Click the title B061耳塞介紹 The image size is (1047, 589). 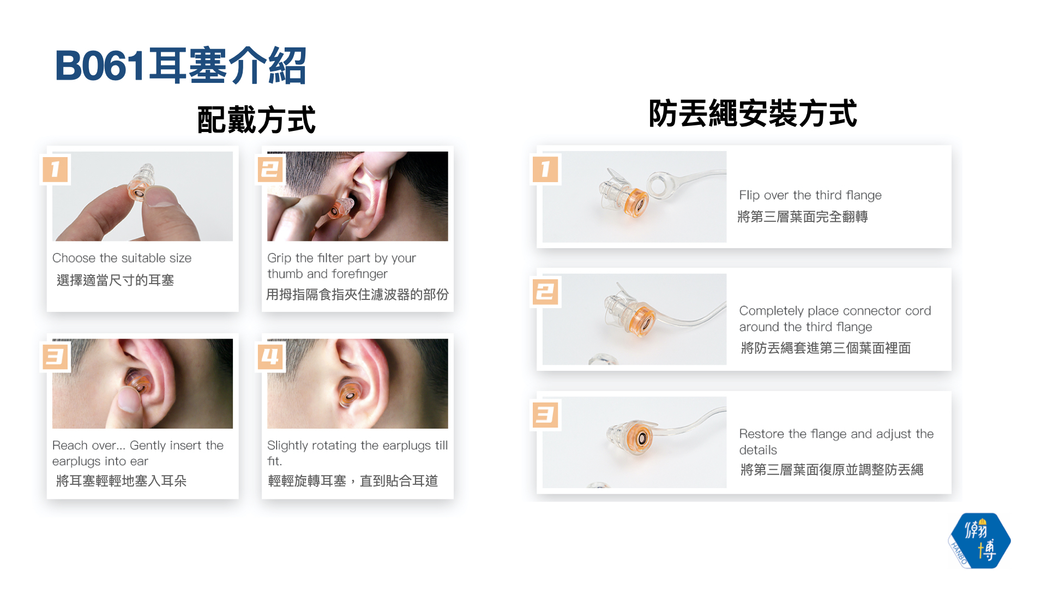coord(180,65)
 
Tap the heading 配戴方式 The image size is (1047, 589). coord(256,119)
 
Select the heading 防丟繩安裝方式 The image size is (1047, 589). coord(753,113)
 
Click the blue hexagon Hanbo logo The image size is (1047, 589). coord(979,540)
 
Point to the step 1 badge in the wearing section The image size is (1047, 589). coord(56,169)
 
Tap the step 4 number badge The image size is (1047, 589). coord(270,357)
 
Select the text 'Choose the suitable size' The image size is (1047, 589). coord(122,258)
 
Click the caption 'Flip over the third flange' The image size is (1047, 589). coord(810,195)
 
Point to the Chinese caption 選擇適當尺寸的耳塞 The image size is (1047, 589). coord(115,280)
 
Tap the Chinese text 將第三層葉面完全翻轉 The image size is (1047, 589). coord(803,217)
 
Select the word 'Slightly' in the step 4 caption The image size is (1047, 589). coord(288,446)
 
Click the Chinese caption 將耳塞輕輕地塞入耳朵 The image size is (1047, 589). coord(122,481)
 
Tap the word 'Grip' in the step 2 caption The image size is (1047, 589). coord(279,259)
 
